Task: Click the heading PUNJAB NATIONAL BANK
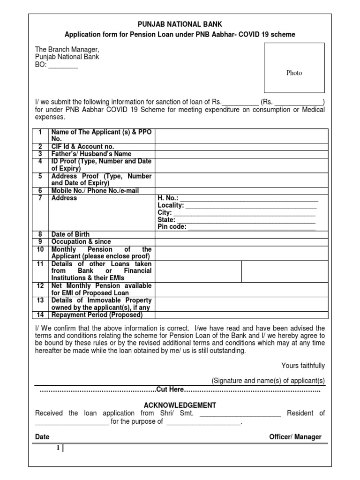pos(180,24)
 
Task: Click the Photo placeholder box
pos(294,68)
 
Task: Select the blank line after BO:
pos(63,66)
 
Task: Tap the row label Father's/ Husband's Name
pos(91,154)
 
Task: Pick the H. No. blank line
pos(249,198)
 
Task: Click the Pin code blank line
pos(251,227)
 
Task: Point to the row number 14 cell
pos(40,315)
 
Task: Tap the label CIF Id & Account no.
pos(82,147)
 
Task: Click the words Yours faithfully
pos(303,366)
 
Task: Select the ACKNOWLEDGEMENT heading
pos(180,405)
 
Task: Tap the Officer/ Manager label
pos(295,437)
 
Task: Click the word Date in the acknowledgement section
pos(42,437)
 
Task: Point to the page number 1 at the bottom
pos(58,448)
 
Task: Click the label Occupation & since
pos(81,242)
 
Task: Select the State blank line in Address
pos(246,220)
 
